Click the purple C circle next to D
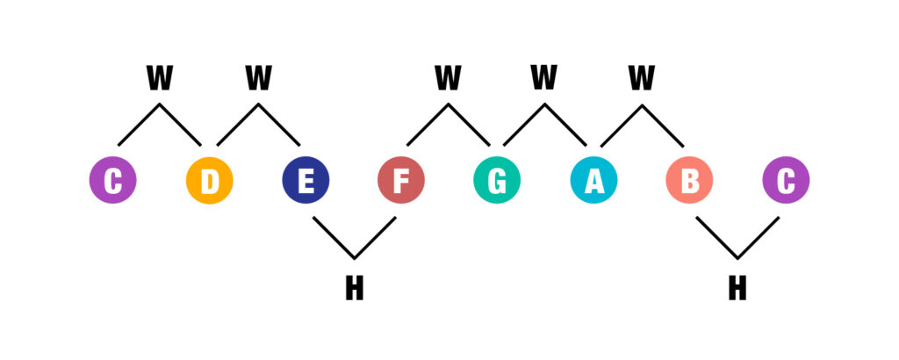click(112, 180)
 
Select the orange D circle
click(209, 180)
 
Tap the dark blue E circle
click(306, 180)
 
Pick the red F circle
click(401, 180)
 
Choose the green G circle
click(497, 180)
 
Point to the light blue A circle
click(593, 180)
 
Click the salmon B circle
click(690, 180)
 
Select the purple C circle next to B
click(786, 180)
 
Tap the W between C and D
click(159, 78)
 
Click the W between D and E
click(258, 78)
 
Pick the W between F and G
click(448, 78)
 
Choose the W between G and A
click(544, 78)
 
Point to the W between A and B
click(642, 78)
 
